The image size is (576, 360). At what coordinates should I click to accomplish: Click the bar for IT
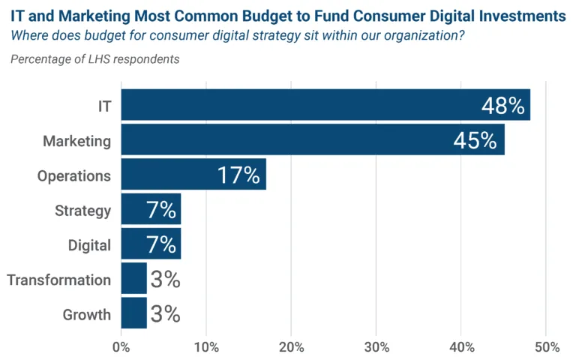click(300, 105)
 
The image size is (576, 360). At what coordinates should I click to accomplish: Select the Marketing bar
click(285, 140)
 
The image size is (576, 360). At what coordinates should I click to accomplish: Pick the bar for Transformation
click(133, 279)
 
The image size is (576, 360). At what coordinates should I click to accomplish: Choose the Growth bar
click(133, 313)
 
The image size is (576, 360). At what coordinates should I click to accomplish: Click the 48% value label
click(502, 106)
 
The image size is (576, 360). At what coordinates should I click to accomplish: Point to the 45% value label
click(475, 140)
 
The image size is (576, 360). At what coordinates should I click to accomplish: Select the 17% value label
click(238, 175)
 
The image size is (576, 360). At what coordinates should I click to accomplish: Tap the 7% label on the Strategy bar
click(161, 210)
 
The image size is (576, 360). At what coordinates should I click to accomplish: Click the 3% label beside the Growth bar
click(165, 313)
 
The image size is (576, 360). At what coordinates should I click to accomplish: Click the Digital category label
click(89, 245)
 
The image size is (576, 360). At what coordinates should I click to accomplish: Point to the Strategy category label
click(82, 211)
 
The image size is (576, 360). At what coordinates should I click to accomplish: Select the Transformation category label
click(59, 280)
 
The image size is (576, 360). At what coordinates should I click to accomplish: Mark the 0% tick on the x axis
click(121, 346)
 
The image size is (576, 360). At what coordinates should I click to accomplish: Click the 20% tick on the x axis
click(291, 346)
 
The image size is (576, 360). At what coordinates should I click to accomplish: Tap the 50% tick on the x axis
click(547, 346)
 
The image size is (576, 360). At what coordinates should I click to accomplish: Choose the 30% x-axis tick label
click(376, 346)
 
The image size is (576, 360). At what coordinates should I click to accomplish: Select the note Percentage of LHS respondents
click(95, 59)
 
